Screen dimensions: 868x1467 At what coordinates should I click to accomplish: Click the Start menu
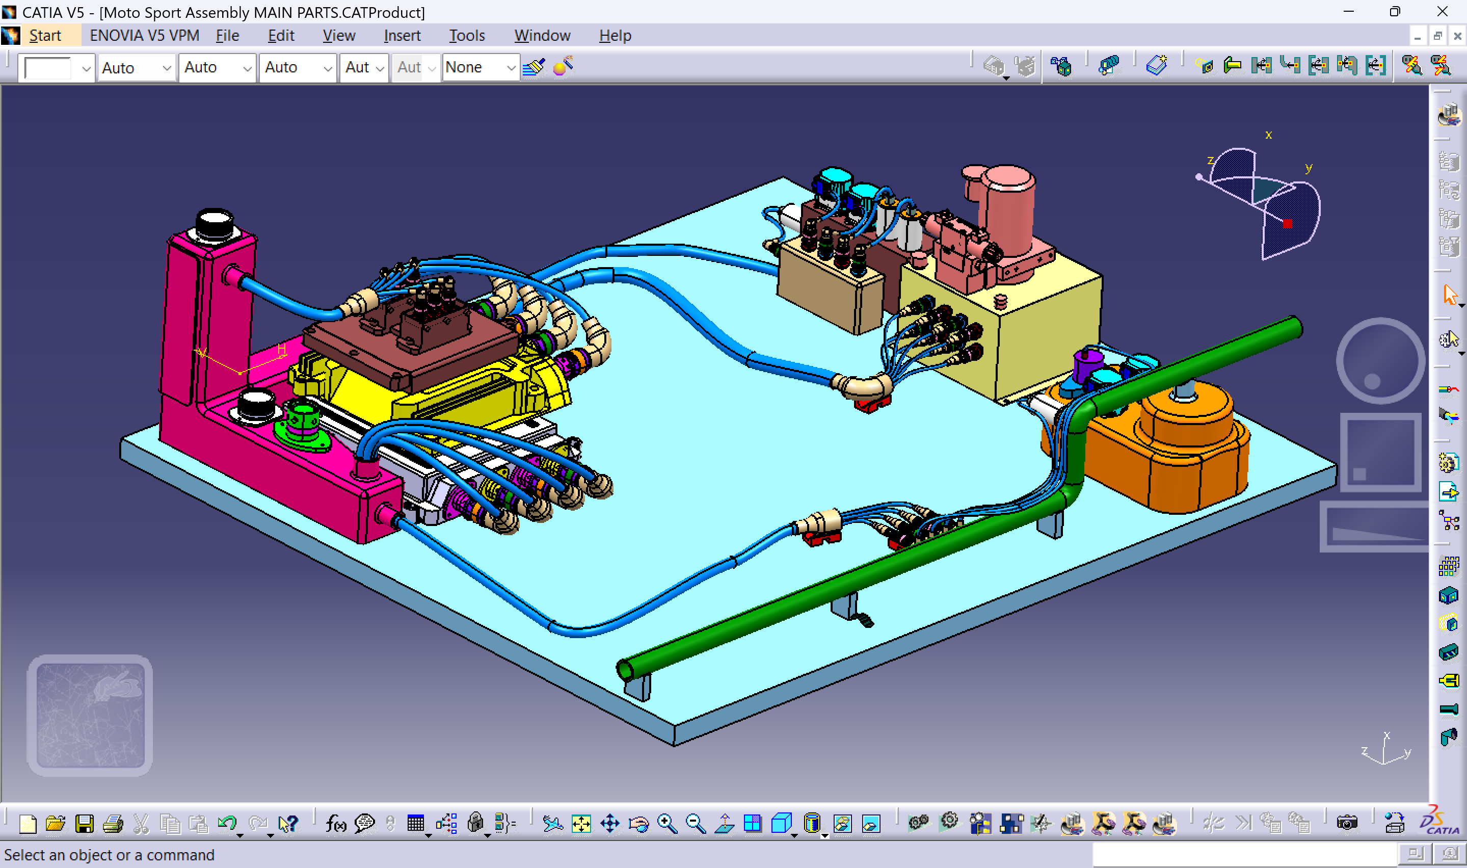point(44,36)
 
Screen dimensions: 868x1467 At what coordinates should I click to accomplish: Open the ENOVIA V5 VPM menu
point(144,36)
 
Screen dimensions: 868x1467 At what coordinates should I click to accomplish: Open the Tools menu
point(467,36)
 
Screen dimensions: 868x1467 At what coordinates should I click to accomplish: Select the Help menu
point(615,36)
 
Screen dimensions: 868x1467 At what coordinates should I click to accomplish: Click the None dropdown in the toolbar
point(480,68)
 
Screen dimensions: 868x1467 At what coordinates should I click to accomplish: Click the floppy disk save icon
point(84,824)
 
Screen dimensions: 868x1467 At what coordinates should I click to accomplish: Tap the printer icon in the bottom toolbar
point(113,824)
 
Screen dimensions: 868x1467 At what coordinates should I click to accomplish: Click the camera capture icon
point(1347,823)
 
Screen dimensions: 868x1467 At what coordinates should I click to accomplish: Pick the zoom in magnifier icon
point(666,824)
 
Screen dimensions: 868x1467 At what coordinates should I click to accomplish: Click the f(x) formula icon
point(336,824)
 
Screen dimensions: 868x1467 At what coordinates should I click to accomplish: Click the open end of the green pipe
point(625,669)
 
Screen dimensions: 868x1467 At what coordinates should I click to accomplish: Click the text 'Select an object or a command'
point(110,855)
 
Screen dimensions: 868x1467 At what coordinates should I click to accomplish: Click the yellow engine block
point(444,392)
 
